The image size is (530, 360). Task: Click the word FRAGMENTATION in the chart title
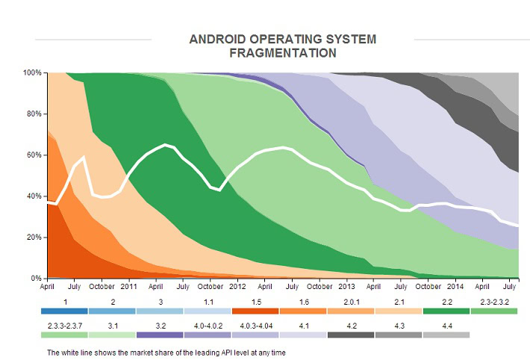[282, 53]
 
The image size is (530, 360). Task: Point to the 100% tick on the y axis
[34, 73]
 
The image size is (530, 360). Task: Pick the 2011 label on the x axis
[129, 286]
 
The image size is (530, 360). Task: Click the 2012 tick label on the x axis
[238, 286]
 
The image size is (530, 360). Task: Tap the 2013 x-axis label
[347, 286]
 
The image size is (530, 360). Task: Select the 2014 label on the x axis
[456, 286]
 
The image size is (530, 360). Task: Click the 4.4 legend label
[446, 325]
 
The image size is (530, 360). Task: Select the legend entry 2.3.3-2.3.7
[64, 325]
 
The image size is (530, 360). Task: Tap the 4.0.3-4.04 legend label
[256, 325]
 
